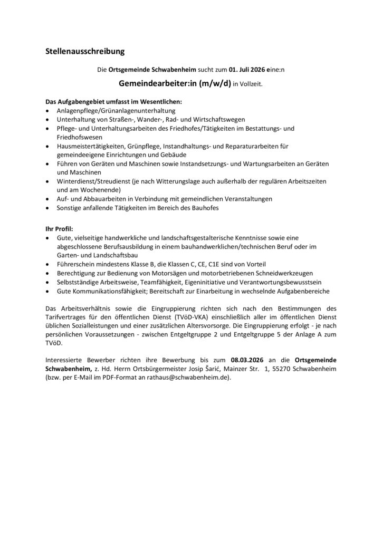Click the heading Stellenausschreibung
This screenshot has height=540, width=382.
click(x=84, y=51)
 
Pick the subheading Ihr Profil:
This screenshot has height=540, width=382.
click(x=59, y=229)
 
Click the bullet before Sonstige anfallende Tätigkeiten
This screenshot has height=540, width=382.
click(x=48, y=208)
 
